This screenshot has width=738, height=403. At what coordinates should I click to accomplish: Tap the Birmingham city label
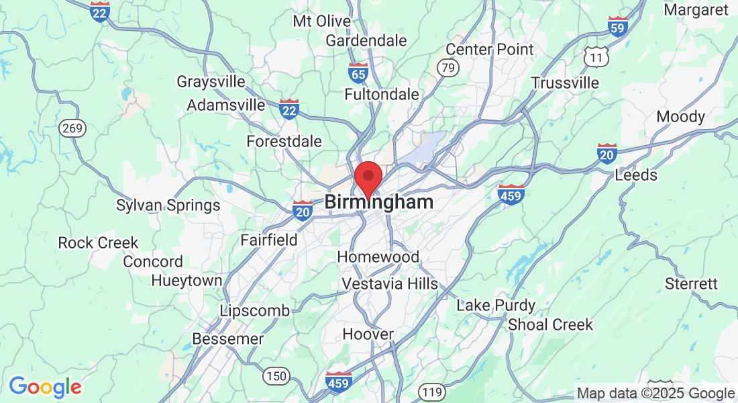pyautogui.click(x=379, y=202)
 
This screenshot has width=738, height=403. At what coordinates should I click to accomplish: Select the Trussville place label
pyautogui.click(x=565, y=83)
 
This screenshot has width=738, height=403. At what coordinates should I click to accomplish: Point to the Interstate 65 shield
pyautogui.click(x=358, y=72)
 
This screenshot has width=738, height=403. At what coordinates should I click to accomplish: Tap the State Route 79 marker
pyautogui.click(x=447, y=67)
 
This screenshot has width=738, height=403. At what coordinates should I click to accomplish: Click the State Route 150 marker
pyautogui.click(x=276, y=375)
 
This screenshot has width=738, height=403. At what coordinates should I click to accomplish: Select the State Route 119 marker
pyautogui.click(x=429, y=392)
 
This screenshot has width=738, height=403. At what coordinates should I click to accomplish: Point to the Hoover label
pyautogui.click(x=368, y=334)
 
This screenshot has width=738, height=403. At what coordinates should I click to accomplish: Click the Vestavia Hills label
pyautogui.click(x=390, y=284)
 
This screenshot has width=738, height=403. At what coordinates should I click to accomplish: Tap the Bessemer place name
pyautogui.click(x=227, y=339)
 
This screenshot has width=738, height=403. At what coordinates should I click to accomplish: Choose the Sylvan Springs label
pyautogui.click(x=168, y=206)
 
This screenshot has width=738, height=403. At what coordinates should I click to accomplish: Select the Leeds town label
pyautogui.click(x=636, y=175)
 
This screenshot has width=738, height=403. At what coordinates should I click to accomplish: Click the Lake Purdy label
pyautogui.click(x=496, y=306)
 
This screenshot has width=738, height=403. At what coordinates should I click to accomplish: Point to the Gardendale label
pyautogui.click(x=366, y=40)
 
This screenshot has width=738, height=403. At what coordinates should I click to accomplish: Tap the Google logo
pyautogui.click(x=45, y=387)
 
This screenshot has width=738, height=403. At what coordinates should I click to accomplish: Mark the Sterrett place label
pyautogui.click(x=691, y=283)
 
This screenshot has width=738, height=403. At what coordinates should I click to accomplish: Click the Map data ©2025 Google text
pyautogui.click(x=656, y=394)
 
